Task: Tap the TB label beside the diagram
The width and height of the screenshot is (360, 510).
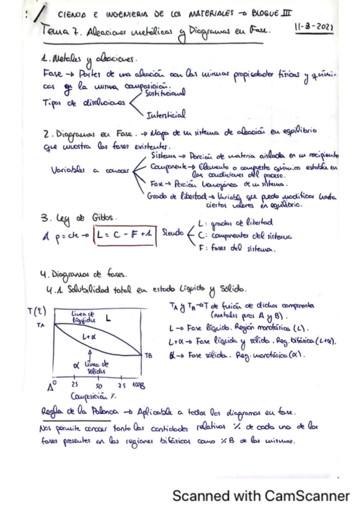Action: click(x=148, y=355)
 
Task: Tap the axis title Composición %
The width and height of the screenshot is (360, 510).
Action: click(x=93, y=396)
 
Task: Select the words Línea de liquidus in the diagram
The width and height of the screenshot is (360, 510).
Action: click(x=83, y=317)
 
